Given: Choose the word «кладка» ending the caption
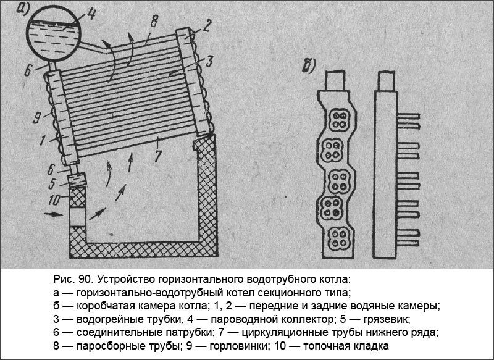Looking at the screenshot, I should coord(373,346).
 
